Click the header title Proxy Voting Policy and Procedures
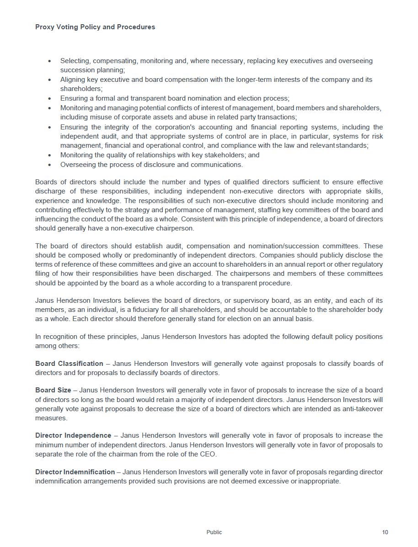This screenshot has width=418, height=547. click(x=95, y=27)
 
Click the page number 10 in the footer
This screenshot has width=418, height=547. click(x=385, y=532)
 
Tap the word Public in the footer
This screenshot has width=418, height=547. click(x=214, y=532)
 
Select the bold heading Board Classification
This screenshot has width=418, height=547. click(x=69, y=364)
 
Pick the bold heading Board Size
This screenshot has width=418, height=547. click(x=53, y=390)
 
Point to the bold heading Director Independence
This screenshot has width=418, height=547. click(x=73, y=435)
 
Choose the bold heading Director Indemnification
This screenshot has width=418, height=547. click(x=75, y=472)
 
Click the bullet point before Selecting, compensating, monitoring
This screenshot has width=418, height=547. click(x=50, y=61)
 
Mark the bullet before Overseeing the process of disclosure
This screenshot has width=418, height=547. click(x=50, y=165)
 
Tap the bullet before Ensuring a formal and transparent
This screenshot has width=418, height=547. click(x=50, y=98)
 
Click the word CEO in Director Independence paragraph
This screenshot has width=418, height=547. click(x=209, y=454)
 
